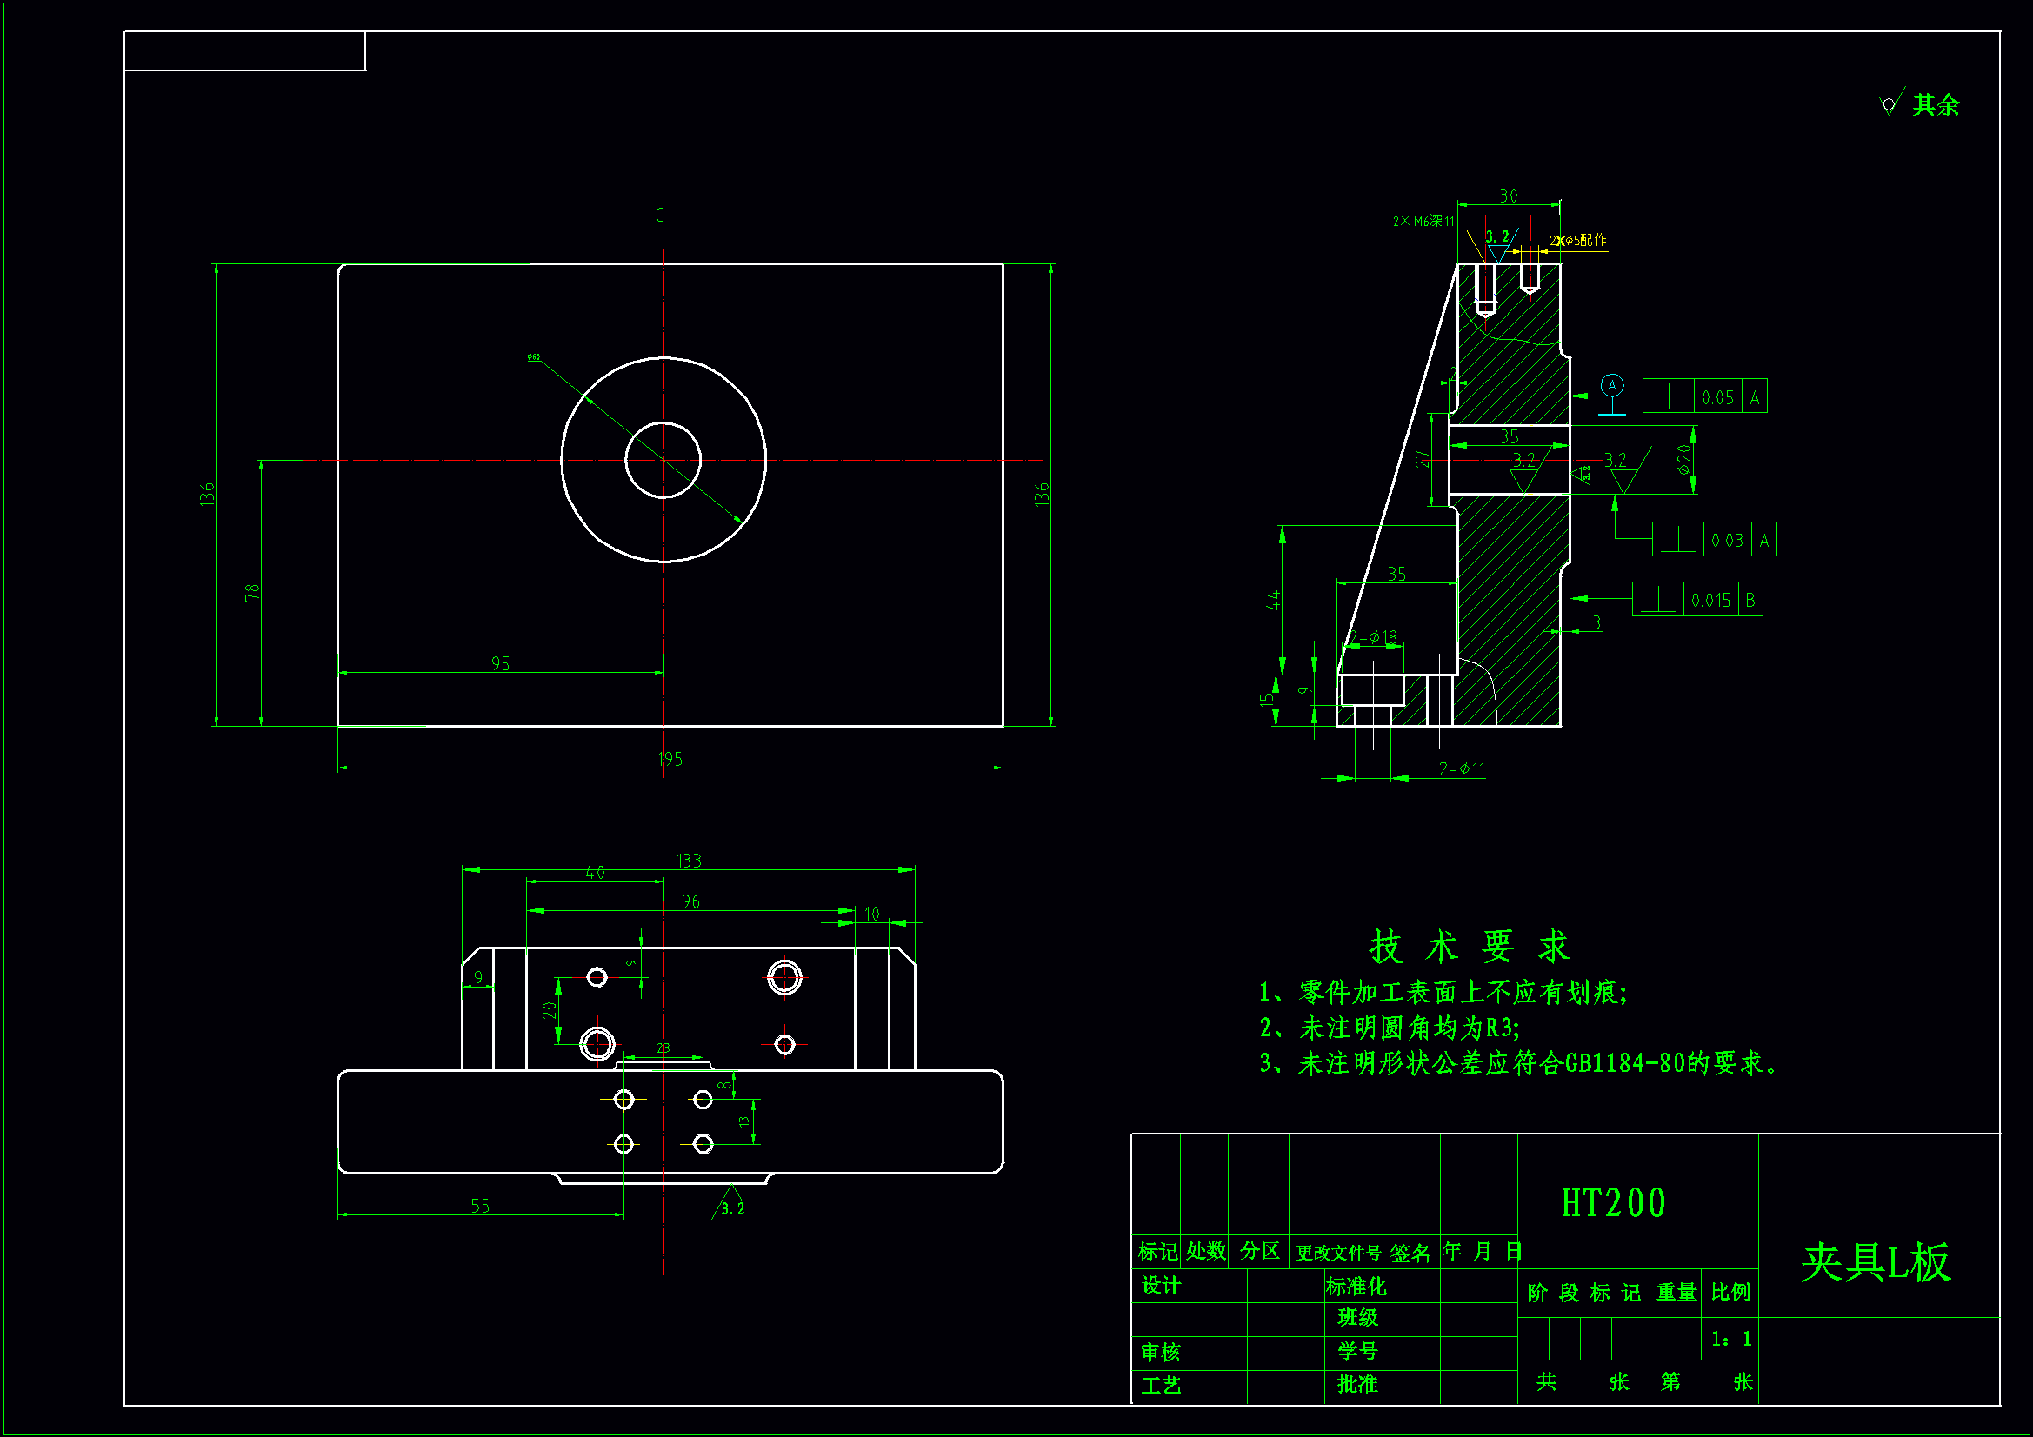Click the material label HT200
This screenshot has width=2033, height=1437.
(x=1613, y=1203)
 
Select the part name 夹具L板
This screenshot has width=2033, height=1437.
(x=1876, y=1262)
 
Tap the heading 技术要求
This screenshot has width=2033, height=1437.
(x=1469, y=947)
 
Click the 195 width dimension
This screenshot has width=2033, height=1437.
(x=670, y=759)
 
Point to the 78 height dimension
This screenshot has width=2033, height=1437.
(x=252, y=592)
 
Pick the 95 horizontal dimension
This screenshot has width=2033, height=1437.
(x=500, y=663)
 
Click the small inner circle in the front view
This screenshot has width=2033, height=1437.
(x=663, y=461)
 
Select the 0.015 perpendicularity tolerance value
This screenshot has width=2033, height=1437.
(x=1710, y=601)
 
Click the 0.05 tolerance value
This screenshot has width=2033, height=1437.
(x=1717, y=397)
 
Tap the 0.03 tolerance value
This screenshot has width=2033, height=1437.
(x=1727, y=540)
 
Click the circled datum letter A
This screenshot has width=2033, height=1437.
(x=1612, y=385)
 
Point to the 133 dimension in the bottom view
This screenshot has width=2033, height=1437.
(x=688, y=861)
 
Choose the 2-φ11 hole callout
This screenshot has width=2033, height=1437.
(x=1461, y=769)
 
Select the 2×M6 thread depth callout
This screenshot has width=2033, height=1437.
(x=1423, y=222)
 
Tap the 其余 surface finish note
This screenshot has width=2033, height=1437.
(x=1935, y=105)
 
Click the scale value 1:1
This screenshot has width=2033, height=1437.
(x=1731, y=1339)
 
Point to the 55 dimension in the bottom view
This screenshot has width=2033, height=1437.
(x=480, y=1206)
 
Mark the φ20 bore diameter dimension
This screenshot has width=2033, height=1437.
(x=1684, y=459)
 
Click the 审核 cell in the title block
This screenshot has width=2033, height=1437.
(x=1160, y=1352)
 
